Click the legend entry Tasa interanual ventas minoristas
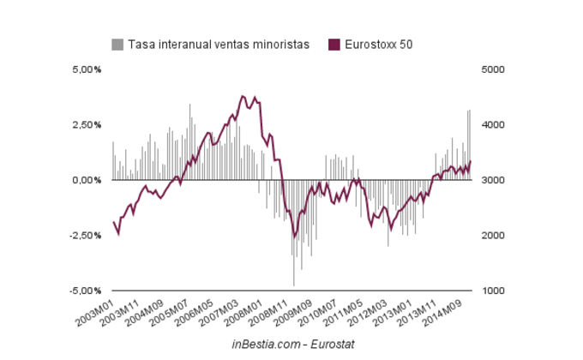pos(218,45)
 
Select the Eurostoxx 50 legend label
pos(378,45)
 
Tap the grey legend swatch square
pos(117,45)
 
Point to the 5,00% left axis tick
pos(86,69)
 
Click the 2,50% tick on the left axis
pos(86,125)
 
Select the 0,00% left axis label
pos(86,180)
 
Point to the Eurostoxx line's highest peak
pos(243,96)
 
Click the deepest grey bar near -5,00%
pos(293,285)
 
